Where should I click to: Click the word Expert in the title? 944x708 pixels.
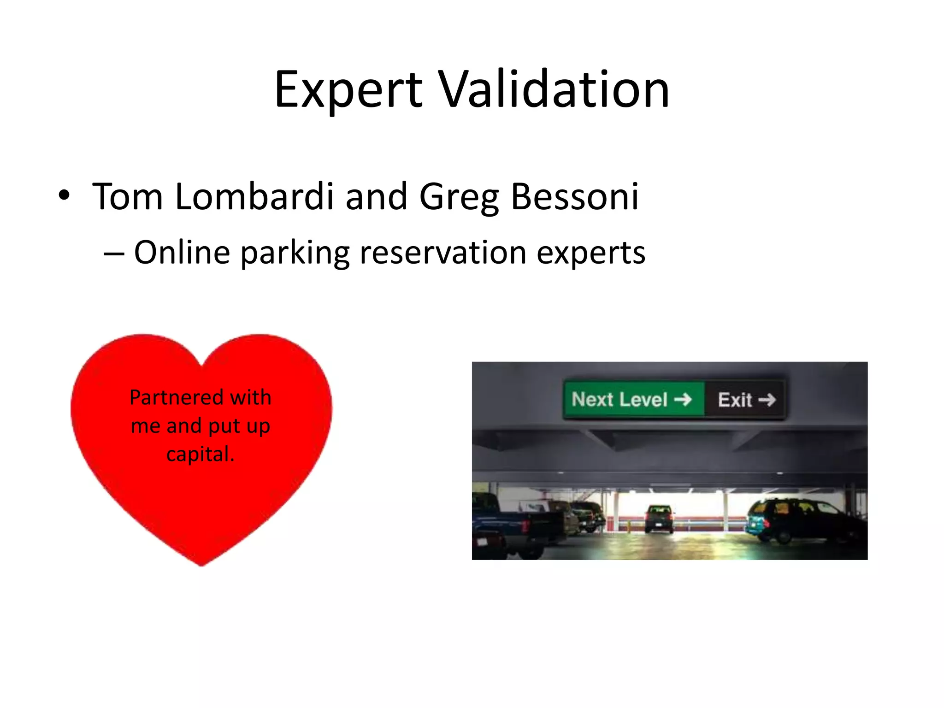348,90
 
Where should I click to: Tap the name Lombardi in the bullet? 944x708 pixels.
254,197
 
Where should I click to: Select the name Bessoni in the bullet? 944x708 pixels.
575,197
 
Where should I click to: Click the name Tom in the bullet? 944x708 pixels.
128,197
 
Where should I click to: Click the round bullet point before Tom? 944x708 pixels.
64,195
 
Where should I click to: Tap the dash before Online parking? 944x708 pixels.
114,254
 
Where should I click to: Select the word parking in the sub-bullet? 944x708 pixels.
295,254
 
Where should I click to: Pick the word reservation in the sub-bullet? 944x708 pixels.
443,253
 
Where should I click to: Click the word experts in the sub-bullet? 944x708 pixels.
591,254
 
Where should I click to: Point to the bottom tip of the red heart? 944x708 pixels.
201,564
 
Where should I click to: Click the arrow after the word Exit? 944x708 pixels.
767,400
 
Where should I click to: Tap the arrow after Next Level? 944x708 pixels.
683,399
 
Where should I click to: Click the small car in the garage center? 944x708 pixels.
659,518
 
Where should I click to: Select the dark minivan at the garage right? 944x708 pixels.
804,521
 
